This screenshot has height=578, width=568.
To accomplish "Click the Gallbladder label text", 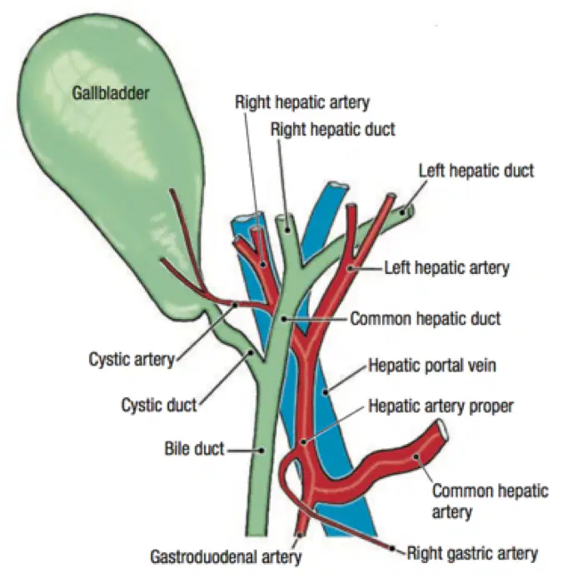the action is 111,93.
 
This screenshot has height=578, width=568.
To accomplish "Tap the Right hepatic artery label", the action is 302,102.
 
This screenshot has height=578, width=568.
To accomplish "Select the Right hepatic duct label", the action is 333,129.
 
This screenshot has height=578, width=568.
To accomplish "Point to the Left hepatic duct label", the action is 476,171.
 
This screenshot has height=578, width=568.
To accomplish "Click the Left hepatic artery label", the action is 446,267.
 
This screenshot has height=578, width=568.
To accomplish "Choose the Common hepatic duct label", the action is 426,318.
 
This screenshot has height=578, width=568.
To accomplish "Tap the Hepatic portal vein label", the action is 432,366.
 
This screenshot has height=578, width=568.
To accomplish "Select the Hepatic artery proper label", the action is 441,406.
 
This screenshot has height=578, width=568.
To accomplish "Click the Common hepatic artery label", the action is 491,501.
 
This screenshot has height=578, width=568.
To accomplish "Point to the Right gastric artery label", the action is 472,553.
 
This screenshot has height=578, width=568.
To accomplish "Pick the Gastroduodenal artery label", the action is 226,556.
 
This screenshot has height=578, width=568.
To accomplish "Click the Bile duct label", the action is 194,449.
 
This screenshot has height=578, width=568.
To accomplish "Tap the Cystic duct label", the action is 159,405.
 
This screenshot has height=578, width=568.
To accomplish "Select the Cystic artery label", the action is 132,359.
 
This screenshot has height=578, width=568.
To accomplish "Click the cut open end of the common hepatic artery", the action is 443,430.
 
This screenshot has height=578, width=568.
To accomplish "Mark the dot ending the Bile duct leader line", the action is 262,450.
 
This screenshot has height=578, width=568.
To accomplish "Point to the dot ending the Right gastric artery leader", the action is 392,549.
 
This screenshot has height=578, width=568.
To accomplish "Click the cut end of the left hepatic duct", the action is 408,211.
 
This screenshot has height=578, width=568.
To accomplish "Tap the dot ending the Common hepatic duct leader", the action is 283,319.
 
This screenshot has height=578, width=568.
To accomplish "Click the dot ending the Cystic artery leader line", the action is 236,305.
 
